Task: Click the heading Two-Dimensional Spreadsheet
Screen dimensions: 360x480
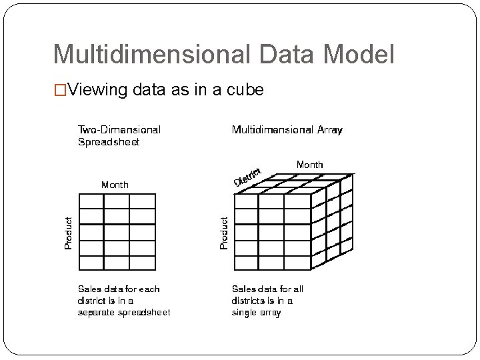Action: tap(119, 135)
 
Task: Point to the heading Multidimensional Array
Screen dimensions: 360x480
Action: tap(287, 130)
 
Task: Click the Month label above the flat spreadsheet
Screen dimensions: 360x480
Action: tap(115, 185)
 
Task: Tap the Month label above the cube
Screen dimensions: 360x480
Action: tap(309, 164)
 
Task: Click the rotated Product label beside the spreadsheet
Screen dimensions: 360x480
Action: tap(68, 232)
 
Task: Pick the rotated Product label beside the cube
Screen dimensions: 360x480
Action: tap(224, 232)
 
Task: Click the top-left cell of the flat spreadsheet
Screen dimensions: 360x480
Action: tap(91, 201)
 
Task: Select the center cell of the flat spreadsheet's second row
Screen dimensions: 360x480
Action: tap(117, 217)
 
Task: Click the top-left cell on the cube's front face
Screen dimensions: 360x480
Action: tap(247, 201)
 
